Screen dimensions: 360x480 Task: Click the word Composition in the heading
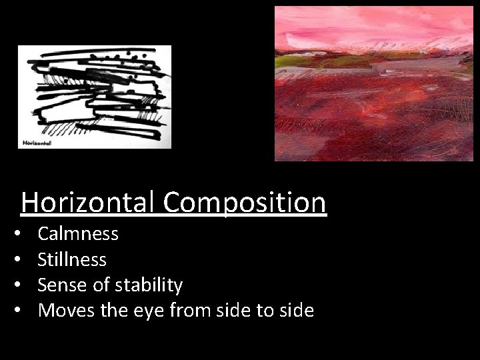click(x=245, y=202)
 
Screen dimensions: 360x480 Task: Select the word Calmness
click(x=78, y=233)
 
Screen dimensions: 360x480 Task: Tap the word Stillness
click(x=72, y=259)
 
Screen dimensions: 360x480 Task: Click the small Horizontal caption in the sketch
click(x=37, y=141)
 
